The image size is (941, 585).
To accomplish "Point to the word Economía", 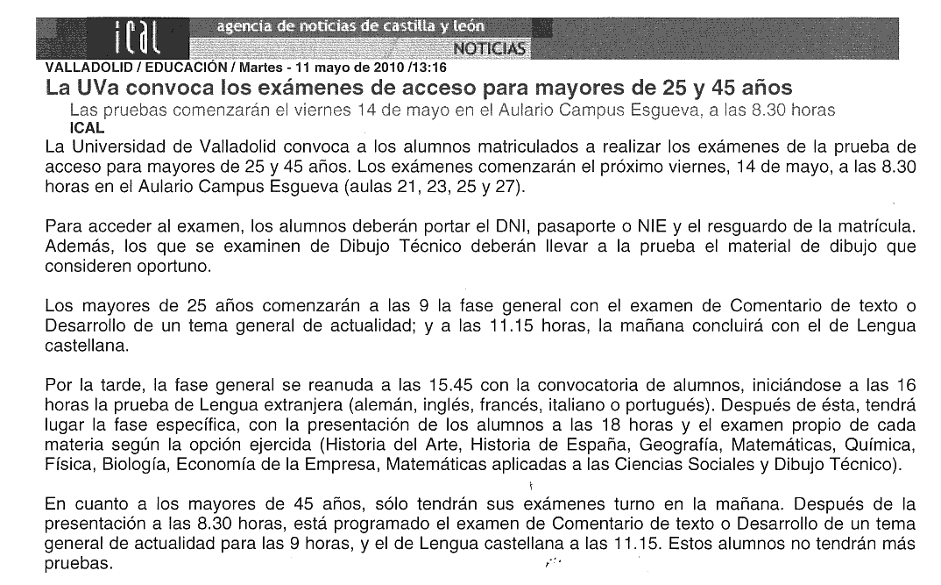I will click(210, 465).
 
